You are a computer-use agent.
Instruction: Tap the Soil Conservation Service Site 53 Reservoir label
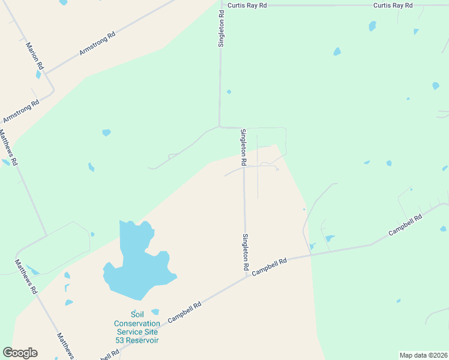click(x=137, y=327)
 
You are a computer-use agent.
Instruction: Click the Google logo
click(x=20, y=353)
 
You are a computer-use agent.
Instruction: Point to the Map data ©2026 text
click(x=423, y=355)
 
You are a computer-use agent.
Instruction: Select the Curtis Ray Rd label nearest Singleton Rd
click(x=246, y=5)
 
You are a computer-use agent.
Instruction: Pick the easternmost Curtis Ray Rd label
click(x=393, y=5)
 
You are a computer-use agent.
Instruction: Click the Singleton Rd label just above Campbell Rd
click(x=246, y=251)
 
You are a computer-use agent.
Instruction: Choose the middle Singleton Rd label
click(x=243, y=147)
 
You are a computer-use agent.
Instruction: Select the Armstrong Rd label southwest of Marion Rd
click(x=21, y=111)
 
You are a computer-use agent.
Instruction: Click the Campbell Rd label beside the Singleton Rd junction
click(x=270, y=266)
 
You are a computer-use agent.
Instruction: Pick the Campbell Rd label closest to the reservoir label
click(x=184, y=312)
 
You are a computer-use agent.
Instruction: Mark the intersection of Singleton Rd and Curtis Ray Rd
click(x=221, y=5)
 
